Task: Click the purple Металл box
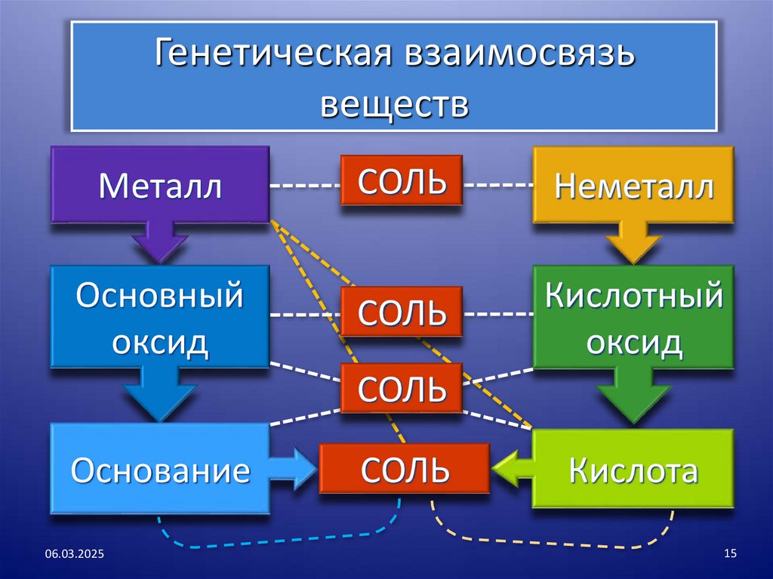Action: pyautogui.click(x=160, y=185)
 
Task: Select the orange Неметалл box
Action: pyautogui.click(x=633, y=185)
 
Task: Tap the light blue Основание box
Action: pyautogui.click(x=160, y=470)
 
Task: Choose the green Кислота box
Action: pyautogui.click(x=633, y=470)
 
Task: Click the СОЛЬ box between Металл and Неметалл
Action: pyautogui.click(x=401, y=180)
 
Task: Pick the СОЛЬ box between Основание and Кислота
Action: pyautogui.click(x=405, y=470)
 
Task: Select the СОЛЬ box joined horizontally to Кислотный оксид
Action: pyautogui.click(x=401, y=312)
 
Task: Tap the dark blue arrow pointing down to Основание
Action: pyautogui.click(x=159, y=396)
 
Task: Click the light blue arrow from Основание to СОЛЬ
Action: pyautogui.click(x=295, y=469)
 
